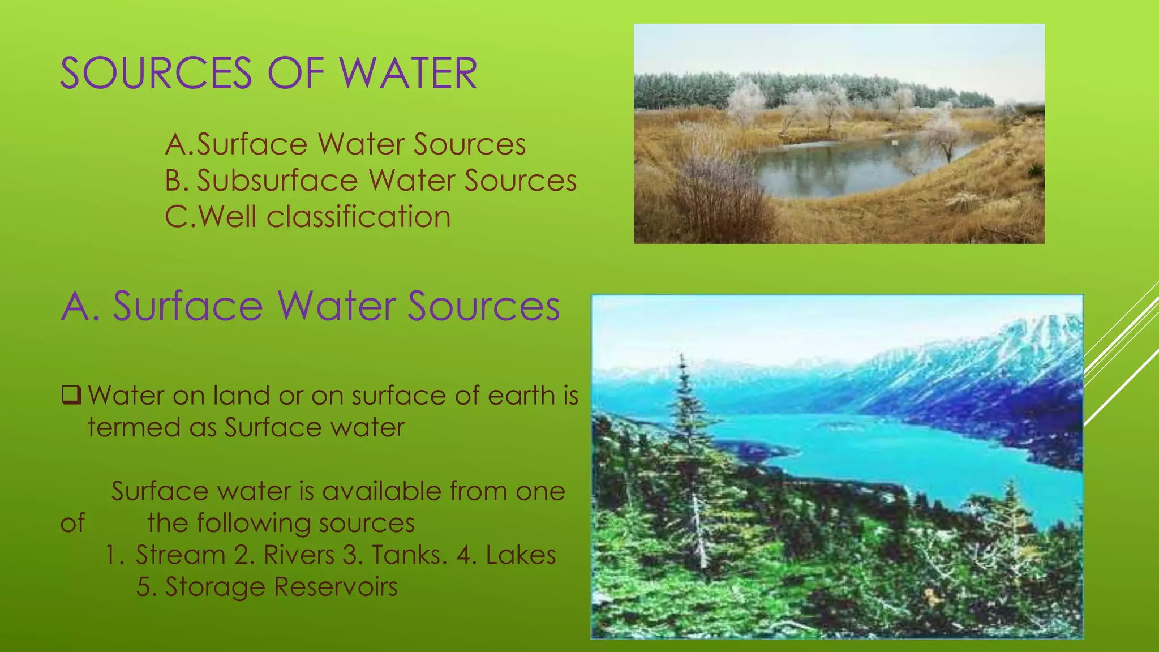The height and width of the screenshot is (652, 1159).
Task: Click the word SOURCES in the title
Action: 156,74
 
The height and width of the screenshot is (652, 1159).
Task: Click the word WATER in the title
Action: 408,74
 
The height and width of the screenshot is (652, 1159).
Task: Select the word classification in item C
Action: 358,217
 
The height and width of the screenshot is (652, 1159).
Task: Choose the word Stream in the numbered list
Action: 181,555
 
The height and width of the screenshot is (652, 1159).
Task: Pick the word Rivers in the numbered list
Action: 299,555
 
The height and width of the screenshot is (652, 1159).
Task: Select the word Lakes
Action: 521,555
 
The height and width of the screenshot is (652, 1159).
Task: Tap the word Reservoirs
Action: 336,587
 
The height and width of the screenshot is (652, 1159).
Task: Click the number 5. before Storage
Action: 146,587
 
